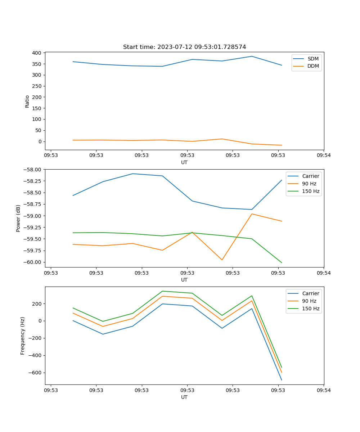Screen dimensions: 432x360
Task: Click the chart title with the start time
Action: click(184, 47)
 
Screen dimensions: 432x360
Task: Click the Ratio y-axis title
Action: click(27, 101)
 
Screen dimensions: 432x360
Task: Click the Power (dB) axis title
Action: click(18, 218)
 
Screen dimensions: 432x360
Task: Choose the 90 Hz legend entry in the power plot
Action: click(309, 184)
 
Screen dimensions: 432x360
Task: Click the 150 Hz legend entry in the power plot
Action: click(310, 191)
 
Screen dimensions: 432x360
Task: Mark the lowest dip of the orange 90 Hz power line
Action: click(222, 260)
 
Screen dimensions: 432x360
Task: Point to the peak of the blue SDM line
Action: click(252, 56)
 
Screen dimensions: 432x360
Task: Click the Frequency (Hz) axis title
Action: click(23, 336)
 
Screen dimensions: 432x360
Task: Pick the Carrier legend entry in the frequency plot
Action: click(310, 293)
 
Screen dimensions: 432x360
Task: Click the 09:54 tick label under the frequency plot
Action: click(323, 390)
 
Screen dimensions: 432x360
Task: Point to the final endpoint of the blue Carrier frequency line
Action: click(282, 380)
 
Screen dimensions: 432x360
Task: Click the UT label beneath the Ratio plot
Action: click(184, 162)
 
